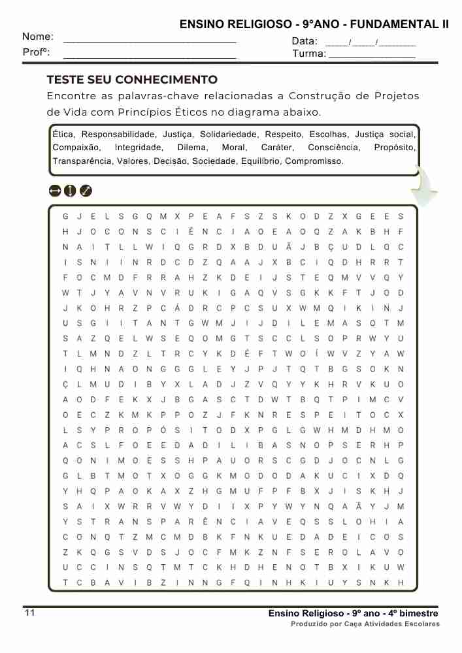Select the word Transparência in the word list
(82, 161)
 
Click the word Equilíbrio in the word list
(260, 161)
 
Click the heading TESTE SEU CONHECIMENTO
(132, 80)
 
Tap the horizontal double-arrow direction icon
(55, 191)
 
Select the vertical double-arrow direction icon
(70, 191)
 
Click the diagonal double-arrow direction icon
(86, 191)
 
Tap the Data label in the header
(304, 41)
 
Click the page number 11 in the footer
(29, 613)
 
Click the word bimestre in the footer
(416, 614)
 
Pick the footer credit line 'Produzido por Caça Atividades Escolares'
(365, 624)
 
